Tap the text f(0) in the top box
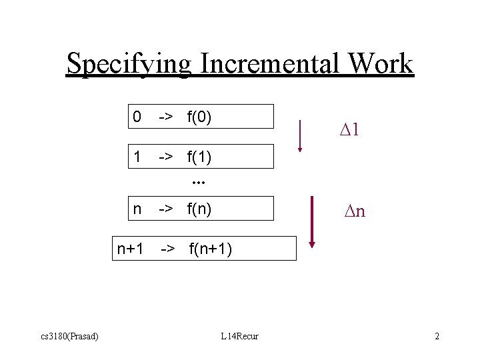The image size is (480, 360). [199, 117]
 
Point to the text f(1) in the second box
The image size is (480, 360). [199, 157]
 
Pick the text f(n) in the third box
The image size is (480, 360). [199, 209]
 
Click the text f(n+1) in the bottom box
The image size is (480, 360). [211, 249]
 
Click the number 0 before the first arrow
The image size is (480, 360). [137, 117]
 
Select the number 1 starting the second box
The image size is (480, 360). [137, 157]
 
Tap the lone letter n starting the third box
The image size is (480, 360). [137, 209]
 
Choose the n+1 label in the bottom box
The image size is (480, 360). [130, 249]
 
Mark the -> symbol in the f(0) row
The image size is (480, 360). [165, 117]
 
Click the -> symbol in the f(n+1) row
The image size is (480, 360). [168, 249]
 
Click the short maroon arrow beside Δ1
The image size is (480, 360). [300, 135]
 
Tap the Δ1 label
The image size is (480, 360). [349, 130]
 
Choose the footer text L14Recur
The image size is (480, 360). [239, 336]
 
